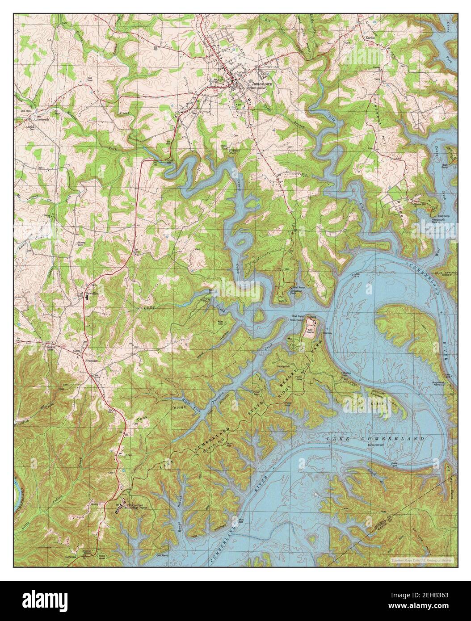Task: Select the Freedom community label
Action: tap(92, 359)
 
